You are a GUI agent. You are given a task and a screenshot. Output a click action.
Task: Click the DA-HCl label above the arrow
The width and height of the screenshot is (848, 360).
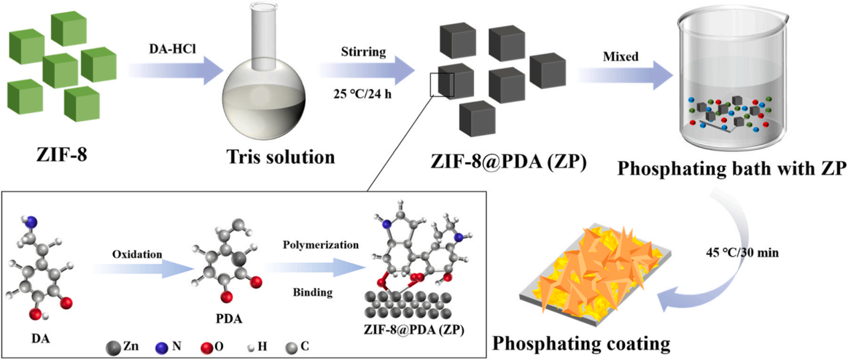[x=173, y=49]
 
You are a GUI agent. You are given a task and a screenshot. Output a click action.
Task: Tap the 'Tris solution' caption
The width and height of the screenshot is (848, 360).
[x=280, y=157]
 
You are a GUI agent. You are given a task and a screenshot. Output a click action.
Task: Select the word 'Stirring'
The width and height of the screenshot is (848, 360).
[x=363, y=52]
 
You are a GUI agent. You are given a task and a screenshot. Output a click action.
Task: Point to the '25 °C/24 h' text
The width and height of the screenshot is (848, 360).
[x=362, y=94]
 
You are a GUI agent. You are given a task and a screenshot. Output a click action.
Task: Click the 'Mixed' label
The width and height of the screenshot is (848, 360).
[x=620, y=56]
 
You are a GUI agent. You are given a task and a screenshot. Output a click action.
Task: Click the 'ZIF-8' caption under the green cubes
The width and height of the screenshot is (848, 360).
[x=62, y=155]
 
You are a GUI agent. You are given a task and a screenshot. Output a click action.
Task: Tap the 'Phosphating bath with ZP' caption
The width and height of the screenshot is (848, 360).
[x=732, y=169]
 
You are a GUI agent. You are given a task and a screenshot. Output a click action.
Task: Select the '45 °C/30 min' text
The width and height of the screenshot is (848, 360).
[x=742, y=252]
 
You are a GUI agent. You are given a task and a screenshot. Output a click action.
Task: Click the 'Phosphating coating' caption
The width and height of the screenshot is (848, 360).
[x=581, y=344]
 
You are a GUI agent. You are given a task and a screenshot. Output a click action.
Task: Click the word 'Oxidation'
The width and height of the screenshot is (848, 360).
[x=137, y=254]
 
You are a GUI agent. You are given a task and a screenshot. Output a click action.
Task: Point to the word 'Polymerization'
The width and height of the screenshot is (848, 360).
[x=321, y=245]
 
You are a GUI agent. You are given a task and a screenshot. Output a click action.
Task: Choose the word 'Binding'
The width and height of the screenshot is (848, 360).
[x=313, y=292]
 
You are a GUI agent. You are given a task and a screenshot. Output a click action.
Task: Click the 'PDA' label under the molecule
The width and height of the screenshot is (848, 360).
[x=229, y=319]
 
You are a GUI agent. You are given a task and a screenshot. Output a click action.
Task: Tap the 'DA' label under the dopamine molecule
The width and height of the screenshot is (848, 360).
[x=41, y=338]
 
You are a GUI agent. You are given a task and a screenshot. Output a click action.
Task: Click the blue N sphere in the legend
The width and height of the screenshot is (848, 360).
[x=162, y=347]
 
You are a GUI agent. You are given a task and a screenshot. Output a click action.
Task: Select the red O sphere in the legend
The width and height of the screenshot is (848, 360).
[x=207, y=347]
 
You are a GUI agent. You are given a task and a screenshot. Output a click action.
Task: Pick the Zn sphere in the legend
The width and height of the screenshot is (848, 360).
[x=113, y=347]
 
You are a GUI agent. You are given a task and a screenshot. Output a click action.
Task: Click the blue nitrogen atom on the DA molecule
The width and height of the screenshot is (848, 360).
[x=31, y=222]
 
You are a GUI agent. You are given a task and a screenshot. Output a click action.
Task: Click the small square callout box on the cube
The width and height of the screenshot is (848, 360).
[x=442, y=85]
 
